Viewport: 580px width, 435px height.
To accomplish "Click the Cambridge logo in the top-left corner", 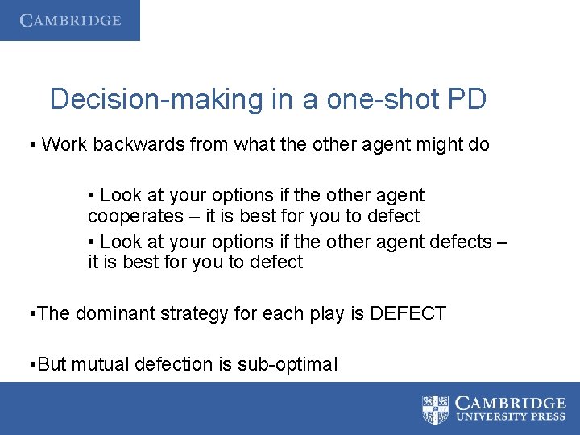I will (70, 20).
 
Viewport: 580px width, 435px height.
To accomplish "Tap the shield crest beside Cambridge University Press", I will (436, 408).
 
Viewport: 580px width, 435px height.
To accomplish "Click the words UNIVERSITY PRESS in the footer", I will (510, 416).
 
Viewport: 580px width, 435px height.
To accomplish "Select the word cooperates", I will (136, 216).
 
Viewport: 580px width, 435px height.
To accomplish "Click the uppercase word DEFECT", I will (408, 313).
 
